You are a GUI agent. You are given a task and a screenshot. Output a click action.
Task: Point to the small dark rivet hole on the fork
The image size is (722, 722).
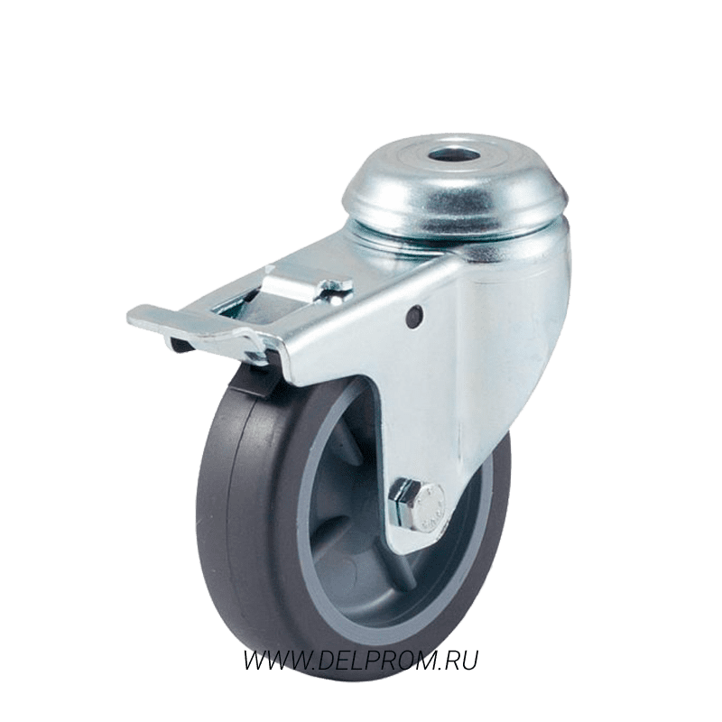(415, 317)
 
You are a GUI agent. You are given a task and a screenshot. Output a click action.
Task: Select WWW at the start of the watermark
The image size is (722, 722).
(273, 661)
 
